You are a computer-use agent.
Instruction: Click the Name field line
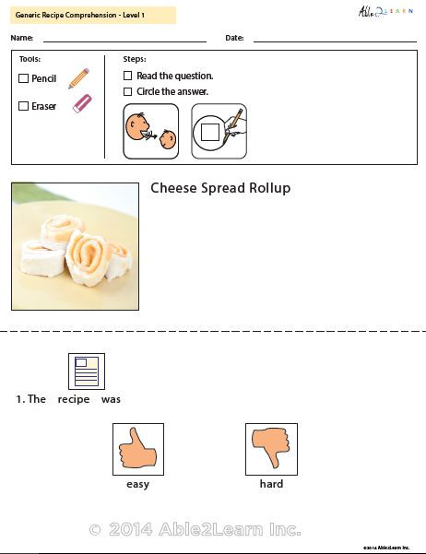tap(124, 41)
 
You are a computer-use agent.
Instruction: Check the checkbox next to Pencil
tap(24, 79)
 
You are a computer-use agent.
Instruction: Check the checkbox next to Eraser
tap(24, 106)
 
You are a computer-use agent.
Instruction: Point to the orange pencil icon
tap(79, 77)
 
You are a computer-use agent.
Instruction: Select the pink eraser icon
tap(82, 103)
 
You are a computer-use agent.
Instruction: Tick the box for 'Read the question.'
tap(128, 76)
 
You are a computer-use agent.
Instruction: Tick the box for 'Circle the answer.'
tap(128, 91)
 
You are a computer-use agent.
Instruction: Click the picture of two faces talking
tap(150, 131)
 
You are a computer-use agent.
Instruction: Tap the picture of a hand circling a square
tap(219, 131)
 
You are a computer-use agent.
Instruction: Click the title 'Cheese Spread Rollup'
tap(220, 188)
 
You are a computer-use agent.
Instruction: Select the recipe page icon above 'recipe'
tap(87, 371)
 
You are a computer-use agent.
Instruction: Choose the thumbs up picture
tap(137, 449)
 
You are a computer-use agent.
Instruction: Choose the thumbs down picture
tap(271, 449)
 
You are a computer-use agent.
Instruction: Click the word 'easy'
tap(137, 484)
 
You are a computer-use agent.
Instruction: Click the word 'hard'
tap(271, 484)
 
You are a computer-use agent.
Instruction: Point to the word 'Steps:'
tap(135, 59)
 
